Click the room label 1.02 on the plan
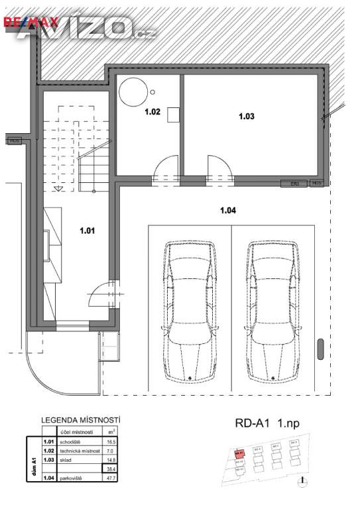point(152,112)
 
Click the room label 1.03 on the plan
point(246,116)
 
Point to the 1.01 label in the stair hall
point(88,231)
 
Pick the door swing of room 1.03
point(219,169)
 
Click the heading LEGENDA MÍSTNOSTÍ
point(81,420)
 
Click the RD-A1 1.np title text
point(265,422)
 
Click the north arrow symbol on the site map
point(302,481)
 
